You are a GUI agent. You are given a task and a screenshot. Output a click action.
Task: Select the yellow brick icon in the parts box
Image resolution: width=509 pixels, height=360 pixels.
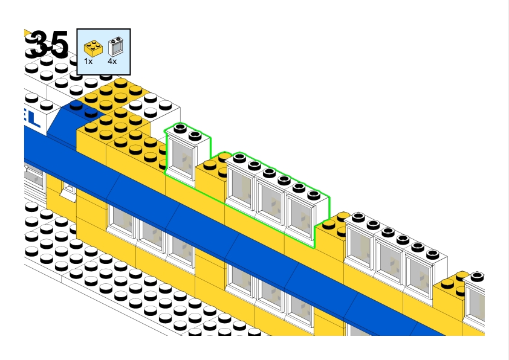pyautogui.click(x=92, y=46)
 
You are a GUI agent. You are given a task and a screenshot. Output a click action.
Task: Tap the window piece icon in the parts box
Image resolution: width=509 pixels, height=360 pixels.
pyautogui.click(x=114, y=46)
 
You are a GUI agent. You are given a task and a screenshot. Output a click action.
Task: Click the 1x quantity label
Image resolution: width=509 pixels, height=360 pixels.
pyautogui.click(x=88, y=61)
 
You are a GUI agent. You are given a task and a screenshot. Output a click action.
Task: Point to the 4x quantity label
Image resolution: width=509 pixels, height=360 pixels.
pyautogui.click(x=112, y=61)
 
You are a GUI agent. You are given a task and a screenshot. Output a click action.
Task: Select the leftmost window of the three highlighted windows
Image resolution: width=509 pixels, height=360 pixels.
pyautogui.click(x=240, y=187)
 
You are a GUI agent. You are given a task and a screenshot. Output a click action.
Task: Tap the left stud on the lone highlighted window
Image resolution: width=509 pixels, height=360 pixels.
pyautogui.click(x=180, y=127)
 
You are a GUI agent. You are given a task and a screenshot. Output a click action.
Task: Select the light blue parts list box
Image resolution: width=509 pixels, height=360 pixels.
pyautogui.click(x=104, y=51)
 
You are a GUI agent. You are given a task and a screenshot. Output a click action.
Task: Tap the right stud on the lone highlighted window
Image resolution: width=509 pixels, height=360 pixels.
pyautogui.click(x=195, y=135)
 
